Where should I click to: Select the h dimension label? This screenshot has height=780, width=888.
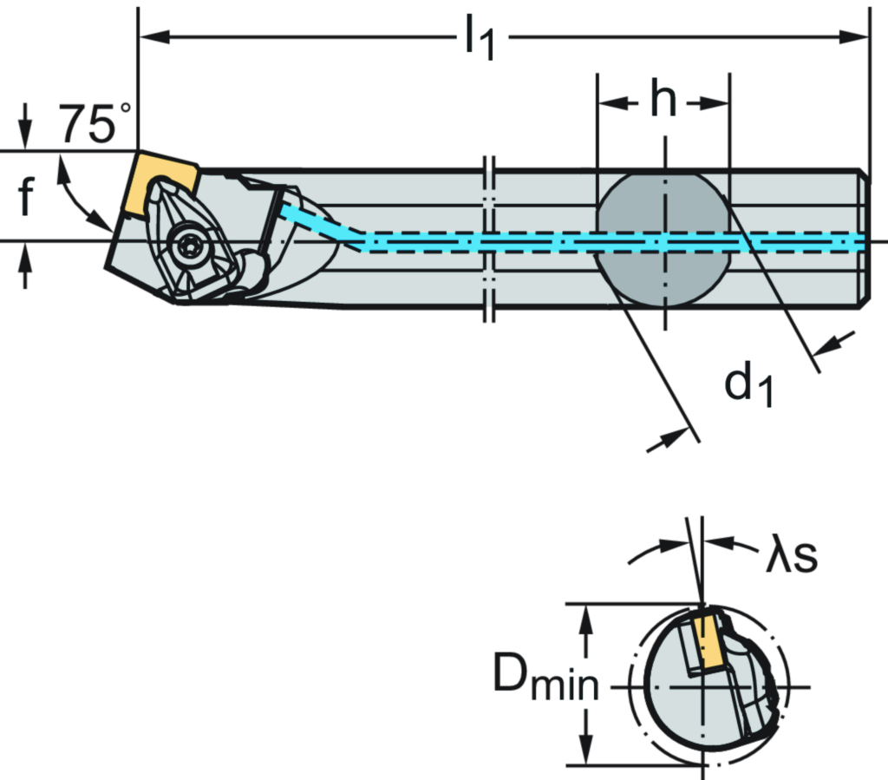[663, 101]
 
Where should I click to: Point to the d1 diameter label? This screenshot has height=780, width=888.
[750, 384]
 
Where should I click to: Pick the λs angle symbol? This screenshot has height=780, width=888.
[792, 559]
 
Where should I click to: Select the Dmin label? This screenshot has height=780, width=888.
[545, 674]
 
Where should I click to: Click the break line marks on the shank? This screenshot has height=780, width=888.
[488, 240]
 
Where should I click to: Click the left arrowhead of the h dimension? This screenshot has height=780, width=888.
[608, 102]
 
